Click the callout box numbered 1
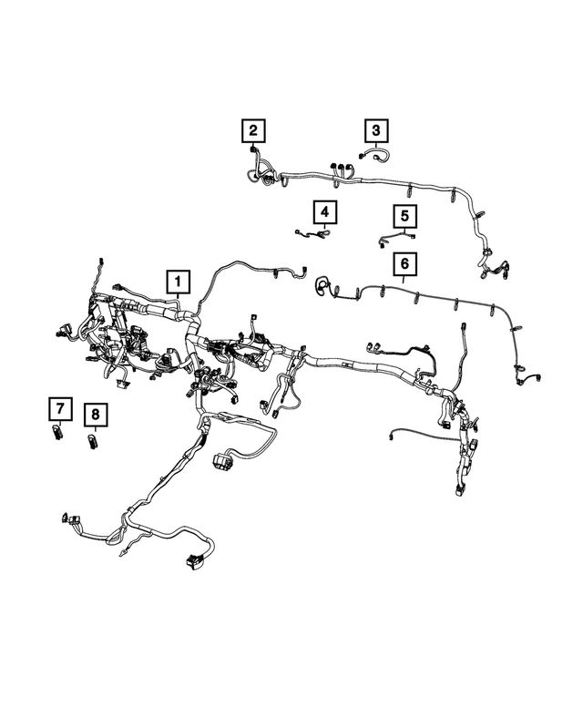point(178,282)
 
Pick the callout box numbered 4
point(322,213)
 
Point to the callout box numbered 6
point(405,265)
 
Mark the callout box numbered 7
point(58,410)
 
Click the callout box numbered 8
point(94,416)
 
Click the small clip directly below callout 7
point(58,433)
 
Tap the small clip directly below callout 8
point(94,442)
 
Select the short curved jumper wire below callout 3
point(375,156)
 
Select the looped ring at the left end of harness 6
point(322,287)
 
